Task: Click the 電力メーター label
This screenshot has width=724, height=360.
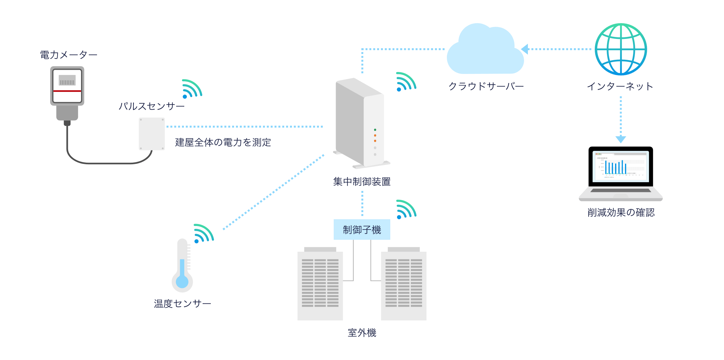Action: pos(68,55)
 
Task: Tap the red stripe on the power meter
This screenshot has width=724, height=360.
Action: pos(67,91)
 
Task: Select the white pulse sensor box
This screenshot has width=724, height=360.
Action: pos(152,134)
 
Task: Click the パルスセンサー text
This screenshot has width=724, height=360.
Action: pos(151,106)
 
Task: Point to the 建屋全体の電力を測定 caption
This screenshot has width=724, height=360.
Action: pos(223,142)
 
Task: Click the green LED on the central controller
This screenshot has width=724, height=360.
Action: pos(375,130)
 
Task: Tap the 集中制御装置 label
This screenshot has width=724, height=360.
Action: pos(362,182)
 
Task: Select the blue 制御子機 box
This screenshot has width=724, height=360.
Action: pos(362,230)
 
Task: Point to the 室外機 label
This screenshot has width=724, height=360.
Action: pos(362,333)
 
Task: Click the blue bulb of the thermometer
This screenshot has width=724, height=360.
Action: pos(182,282)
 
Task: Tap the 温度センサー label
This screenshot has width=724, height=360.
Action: pos(182,304)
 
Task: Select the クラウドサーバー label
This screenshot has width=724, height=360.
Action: pos(486,86)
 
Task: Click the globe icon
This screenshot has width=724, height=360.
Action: pos(620,49)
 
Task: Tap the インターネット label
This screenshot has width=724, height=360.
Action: pos(620,86)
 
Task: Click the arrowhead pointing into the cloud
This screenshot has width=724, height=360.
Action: pos(525,49)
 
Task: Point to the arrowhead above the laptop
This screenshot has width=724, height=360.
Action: pos(620,139)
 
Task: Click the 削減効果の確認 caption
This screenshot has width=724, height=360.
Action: pos(621,212)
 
